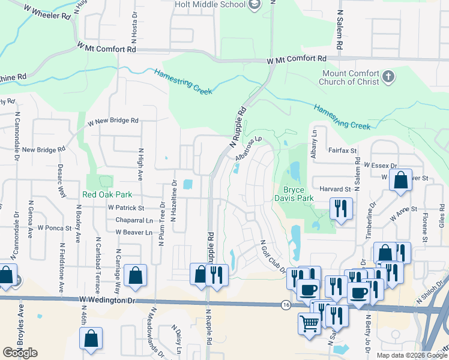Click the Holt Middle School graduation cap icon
click(255, 5)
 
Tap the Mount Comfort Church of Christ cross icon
click(388, 76)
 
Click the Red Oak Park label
click(107, 195)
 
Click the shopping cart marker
click(310, 322)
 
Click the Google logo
click(20, 352)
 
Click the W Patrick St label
click(126, 208)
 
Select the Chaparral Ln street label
click(133, 220)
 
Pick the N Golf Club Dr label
click(273, 256)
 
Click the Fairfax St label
click(343, 151)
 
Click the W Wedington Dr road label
click(107, 299)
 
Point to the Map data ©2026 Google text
click(412, 355)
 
